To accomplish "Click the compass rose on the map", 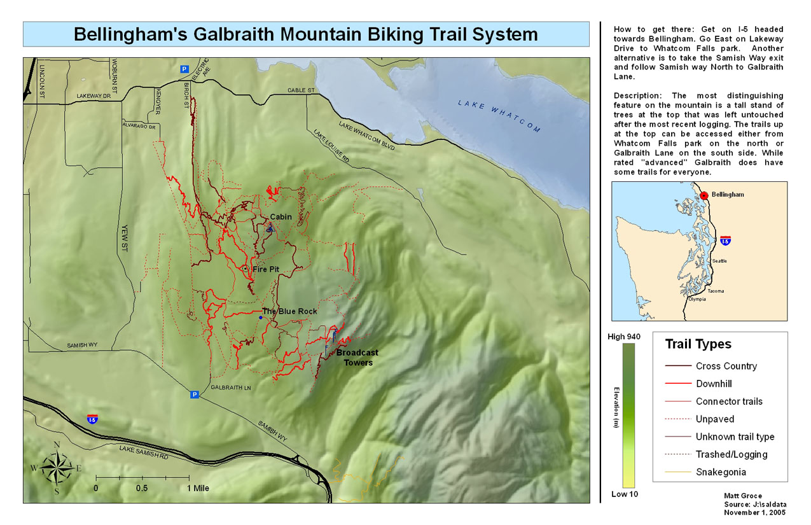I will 57,469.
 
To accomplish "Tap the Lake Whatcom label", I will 499,116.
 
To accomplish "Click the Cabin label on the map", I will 281,217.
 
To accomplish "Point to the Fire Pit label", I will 266,270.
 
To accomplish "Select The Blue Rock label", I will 289,312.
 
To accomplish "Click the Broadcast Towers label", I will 357,358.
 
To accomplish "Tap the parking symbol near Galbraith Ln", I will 195,395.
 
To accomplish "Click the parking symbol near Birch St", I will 184,69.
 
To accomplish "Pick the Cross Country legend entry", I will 726,366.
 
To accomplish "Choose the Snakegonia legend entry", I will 721,472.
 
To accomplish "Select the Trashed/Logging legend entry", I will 731,454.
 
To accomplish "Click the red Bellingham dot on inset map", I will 704,195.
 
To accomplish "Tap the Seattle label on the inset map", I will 719,261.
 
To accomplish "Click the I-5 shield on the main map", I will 93,419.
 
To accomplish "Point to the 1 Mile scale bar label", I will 197,489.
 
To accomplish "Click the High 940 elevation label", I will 624,337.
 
